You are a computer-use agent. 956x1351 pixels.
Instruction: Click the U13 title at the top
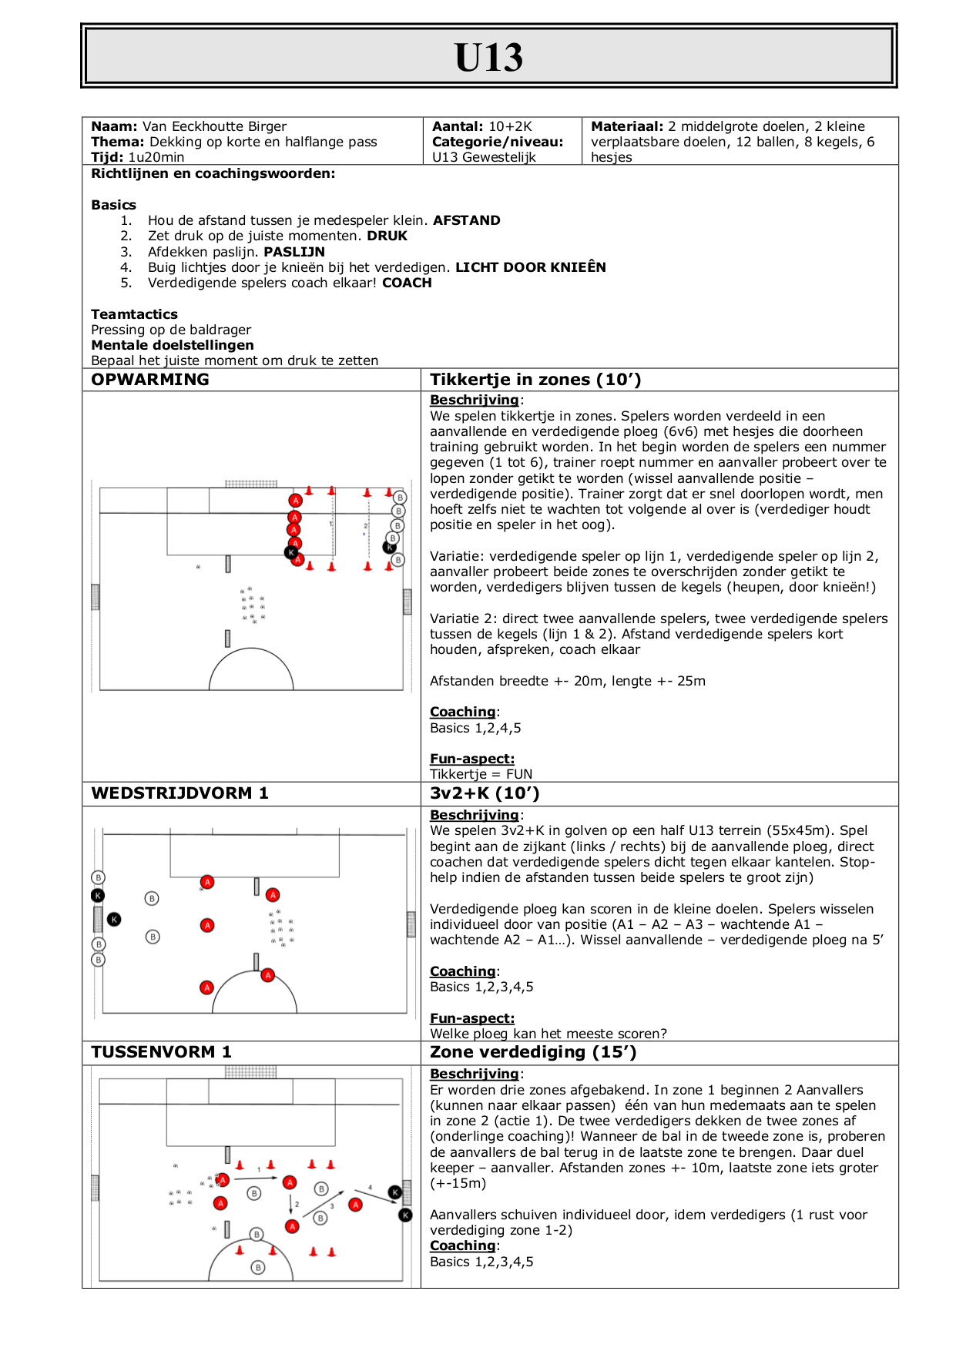pos(488,57)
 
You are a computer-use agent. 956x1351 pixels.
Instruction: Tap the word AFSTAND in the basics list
pos(466,220)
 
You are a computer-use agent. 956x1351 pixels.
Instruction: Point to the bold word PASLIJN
pos(294,252)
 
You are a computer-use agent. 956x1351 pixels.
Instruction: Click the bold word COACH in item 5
pos(407,283)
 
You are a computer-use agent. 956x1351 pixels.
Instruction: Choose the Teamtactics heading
pos(134,314)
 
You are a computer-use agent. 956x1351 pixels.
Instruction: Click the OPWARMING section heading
pos(150,380)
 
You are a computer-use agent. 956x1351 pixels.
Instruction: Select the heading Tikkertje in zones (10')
pos(535,380)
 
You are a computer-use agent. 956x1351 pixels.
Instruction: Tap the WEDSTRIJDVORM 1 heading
pos(179,793)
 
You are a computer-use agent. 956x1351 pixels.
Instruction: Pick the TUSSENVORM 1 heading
pos(161,1052)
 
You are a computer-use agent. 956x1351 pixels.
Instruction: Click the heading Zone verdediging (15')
pos(533,1052)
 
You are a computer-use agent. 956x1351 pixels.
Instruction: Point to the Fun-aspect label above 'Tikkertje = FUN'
pos(471,759)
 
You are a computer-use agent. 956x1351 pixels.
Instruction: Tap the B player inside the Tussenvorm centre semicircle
pos(258,1267)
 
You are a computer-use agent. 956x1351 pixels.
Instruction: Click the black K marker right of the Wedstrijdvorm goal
pos(114,919)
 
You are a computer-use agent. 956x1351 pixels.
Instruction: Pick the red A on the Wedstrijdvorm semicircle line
pos(267,975)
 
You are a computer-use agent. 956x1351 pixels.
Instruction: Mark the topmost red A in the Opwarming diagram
pos(295,501)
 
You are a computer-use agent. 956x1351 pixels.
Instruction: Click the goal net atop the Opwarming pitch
pos(251,484)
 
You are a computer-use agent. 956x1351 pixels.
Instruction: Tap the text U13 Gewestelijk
pos(484,157)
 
